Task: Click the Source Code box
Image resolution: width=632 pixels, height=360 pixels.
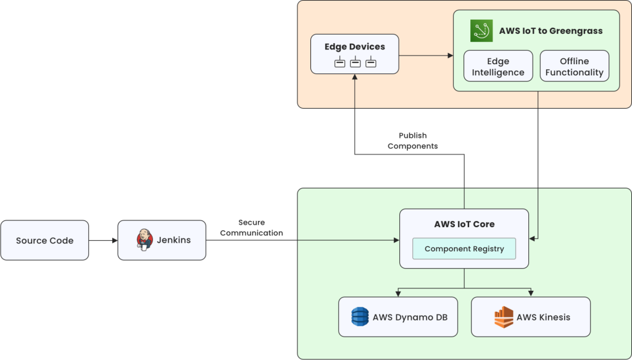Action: coord(44,240)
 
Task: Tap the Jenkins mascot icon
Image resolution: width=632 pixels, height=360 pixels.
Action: coord(144,240)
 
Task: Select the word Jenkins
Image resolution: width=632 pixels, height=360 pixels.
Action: coord(174,240)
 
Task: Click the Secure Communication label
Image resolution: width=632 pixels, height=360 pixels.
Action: coord(251,228)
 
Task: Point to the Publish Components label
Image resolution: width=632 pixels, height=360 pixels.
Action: coord(412,141)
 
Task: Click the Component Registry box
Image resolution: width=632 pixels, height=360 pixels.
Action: coord(464,249)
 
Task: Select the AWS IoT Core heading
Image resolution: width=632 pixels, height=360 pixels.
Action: coord(464,224)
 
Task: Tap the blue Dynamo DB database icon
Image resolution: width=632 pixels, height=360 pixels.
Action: coord(360,317)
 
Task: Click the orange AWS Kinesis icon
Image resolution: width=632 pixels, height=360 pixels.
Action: coord(504,317)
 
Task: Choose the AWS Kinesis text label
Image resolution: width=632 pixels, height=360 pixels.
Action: coord(543,317)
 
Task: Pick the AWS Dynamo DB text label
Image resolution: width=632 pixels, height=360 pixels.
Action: coord(410,317)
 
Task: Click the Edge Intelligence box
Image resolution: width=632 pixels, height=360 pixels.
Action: coord(498,67)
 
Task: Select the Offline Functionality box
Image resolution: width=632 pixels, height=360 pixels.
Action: coord(574,67)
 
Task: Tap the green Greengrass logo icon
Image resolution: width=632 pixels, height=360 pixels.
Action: coord(481,31)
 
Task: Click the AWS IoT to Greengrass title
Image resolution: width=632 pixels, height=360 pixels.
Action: coord(551,31)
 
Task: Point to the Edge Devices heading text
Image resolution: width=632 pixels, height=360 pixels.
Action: coord(355,47)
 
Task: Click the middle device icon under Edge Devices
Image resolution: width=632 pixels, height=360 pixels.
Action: coord(355,62)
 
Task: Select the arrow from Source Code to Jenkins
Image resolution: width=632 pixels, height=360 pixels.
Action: coord(103,240)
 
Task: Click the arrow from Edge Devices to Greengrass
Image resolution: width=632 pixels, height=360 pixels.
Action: coord(426,56)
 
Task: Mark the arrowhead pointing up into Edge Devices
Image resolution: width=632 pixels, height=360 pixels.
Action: coord(355,77)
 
